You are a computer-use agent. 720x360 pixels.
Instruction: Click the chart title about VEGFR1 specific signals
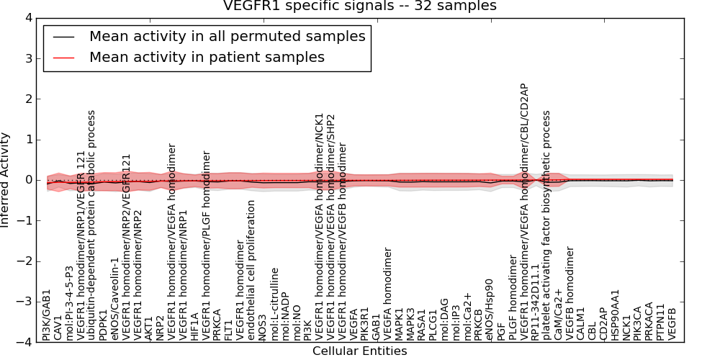click(359, 7)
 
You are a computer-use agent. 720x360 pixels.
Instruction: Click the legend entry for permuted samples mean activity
click(227, 36)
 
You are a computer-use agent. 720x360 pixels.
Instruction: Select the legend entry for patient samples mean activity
click(207, 57)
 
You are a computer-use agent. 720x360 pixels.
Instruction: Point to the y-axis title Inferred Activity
click(6, 180)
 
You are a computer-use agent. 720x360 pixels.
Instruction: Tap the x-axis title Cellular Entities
click(359, 351)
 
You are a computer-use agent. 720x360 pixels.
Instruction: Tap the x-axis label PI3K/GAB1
click(47, 314)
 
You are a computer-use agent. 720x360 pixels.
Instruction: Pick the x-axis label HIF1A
click(194, 325)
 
